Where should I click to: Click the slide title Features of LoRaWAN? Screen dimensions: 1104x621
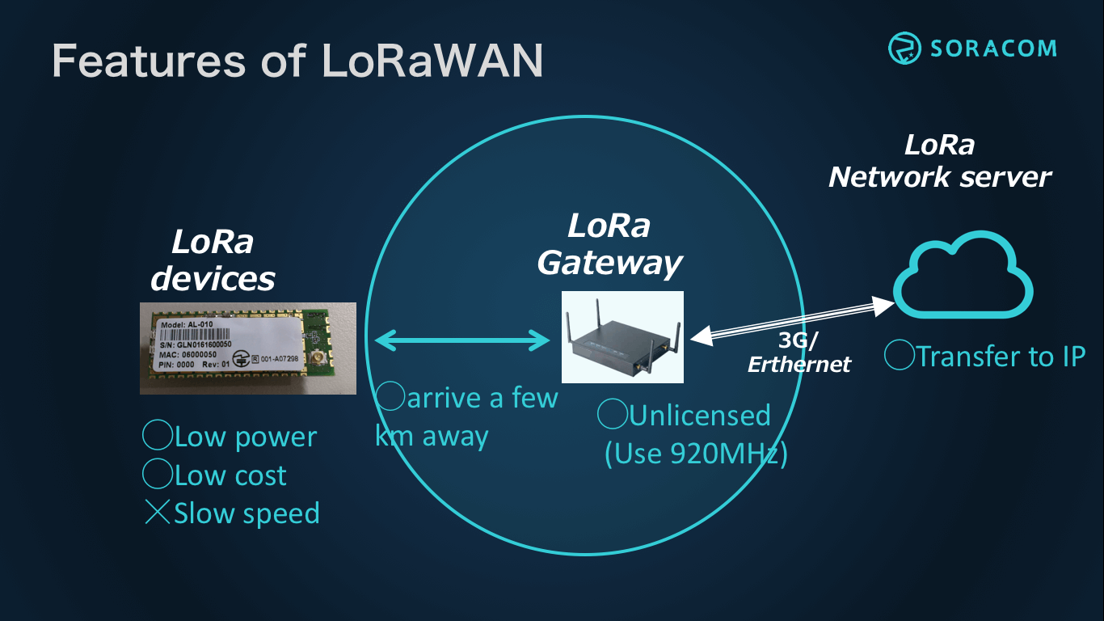297,61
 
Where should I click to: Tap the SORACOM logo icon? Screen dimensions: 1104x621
905,48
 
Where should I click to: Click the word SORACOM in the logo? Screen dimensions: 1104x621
992,48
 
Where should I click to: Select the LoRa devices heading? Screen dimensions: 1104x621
213,260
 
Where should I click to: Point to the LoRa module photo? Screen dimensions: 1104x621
248,348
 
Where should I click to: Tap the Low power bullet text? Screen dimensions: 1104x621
245,437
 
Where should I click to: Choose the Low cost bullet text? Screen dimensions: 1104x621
230,475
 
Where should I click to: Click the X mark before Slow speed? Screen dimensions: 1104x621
157,513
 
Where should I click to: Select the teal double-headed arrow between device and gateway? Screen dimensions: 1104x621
462,340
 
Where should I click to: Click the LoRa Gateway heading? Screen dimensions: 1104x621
609,244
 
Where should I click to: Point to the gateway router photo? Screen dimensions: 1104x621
622,337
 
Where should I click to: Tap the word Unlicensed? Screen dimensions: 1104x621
699,416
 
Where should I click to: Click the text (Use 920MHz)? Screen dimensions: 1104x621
696,454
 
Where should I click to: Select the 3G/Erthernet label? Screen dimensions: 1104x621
799,353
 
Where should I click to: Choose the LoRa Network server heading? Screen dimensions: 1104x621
940,161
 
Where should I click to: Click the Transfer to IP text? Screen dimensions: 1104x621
1000,356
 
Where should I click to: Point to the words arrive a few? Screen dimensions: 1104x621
482,398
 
